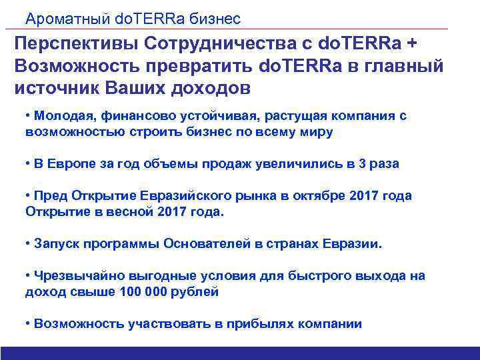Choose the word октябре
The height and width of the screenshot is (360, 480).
click(312, 196)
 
